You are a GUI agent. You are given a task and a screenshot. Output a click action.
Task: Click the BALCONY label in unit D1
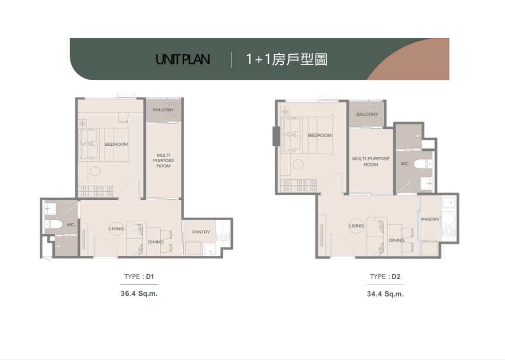[x=163, y=110]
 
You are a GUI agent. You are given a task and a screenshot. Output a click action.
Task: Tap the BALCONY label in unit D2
[x=367, y=114]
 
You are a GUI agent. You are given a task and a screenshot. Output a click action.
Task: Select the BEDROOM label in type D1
[x=116, y=144]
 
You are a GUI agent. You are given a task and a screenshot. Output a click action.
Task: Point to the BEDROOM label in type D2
[x=320, y=135]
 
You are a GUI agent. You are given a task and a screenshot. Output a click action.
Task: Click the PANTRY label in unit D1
[x=201, y=232]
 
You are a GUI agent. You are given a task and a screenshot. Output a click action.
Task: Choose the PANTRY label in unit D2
[x=430, y=219]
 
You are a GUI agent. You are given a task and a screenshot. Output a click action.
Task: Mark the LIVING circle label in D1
[x=116, y=229]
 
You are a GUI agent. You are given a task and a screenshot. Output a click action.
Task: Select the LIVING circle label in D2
[x=356, y=226]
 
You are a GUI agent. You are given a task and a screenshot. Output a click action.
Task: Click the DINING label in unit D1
[x=156, y=242]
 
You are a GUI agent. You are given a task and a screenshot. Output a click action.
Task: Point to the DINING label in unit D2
[x=396, y=240]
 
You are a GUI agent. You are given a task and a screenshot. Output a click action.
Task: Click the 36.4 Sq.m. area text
[x=139, y=293]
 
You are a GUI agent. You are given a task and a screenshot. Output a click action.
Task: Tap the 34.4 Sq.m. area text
[x=385, y=294]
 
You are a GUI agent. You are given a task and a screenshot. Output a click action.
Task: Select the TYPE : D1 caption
[x=139, y=276]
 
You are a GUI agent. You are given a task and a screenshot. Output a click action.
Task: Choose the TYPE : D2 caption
[x=385, y=276]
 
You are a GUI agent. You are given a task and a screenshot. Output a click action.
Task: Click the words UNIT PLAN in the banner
[x=183, y=60]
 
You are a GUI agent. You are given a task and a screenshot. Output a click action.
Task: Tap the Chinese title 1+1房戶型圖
[x=287, y=59]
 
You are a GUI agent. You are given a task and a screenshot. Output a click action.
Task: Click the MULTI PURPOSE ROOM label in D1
[x=164, y=160]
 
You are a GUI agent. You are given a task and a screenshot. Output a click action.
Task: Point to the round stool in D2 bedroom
[x=298, y=164]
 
